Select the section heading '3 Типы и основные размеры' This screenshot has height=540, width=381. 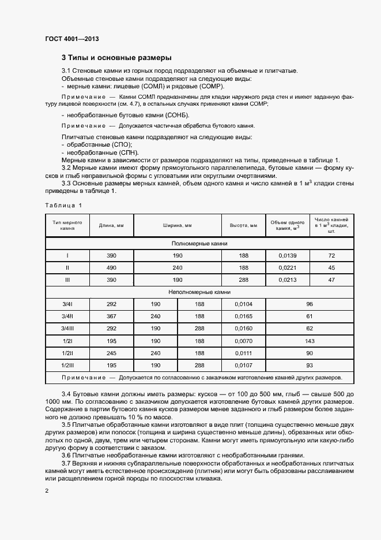116,58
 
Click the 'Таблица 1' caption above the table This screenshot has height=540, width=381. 63,205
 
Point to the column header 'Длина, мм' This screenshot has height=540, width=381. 111,225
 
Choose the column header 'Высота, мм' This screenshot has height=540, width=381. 243,225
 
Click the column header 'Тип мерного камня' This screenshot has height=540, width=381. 67,225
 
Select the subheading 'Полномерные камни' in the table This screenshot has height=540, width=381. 199,243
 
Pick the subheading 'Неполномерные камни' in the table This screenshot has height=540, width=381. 199,292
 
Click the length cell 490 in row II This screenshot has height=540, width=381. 111,267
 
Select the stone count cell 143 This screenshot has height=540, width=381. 309,341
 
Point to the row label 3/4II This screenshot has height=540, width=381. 67,316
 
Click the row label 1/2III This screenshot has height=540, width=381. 67,365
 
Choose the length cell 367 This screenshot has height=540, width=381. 111,316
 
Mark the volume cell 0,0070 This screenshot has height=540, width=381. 243,341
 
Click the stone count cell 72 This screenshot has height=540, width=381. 331,255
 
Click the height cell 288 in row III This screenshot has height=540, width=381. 243,280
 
